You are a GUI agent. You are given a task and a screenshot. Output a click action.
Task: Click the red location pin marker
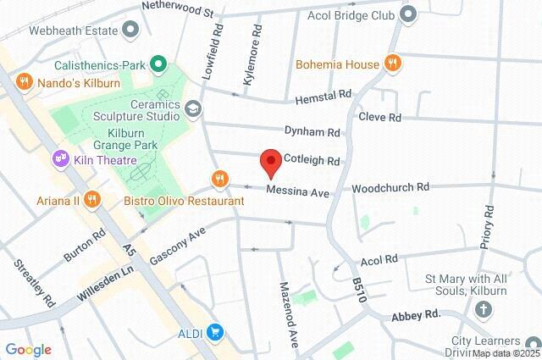point(270,161)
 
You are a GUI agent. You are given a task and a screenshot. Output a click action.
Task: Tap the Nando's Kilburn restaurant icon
point(23,82)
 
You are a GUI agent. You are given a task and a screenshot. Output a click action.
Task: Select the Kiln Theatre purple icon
point(59,157)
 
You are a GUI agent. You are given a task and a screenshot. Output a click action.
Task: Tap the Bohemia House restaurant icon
point(391,64)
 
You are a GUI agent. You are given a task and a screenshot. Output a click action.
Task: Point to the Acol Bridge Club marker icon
point(408,14)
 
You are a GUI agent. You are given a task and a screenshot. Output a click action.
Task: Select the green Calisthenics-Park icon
point(158,64)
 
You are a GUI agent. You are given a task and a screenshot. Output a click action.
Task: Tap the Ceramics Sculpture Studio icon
point(194,108)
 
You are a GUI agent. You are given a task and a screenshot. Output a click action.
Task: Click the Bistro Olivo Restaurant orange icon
point(219,178)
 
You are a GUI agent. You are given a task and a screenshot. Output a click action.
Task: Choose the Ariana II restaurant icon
point(92,200)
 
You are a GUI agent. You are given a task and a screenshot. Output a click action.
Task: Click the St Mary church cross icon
point(484,311)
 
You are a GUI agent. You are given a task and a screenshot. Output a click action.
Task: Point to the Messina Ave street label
point(297,192)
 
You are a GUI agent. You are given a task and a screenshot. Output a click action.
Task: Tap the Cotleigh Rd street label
point(311,160)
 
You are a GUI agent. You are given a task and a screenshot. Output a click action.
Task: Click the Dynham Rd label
point(312,132)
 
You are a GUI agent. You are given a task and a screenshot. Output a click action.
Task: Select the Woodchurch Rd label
point(390,186)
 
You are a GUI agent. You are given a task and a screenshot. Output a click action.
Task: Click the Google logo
point(28,349)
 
